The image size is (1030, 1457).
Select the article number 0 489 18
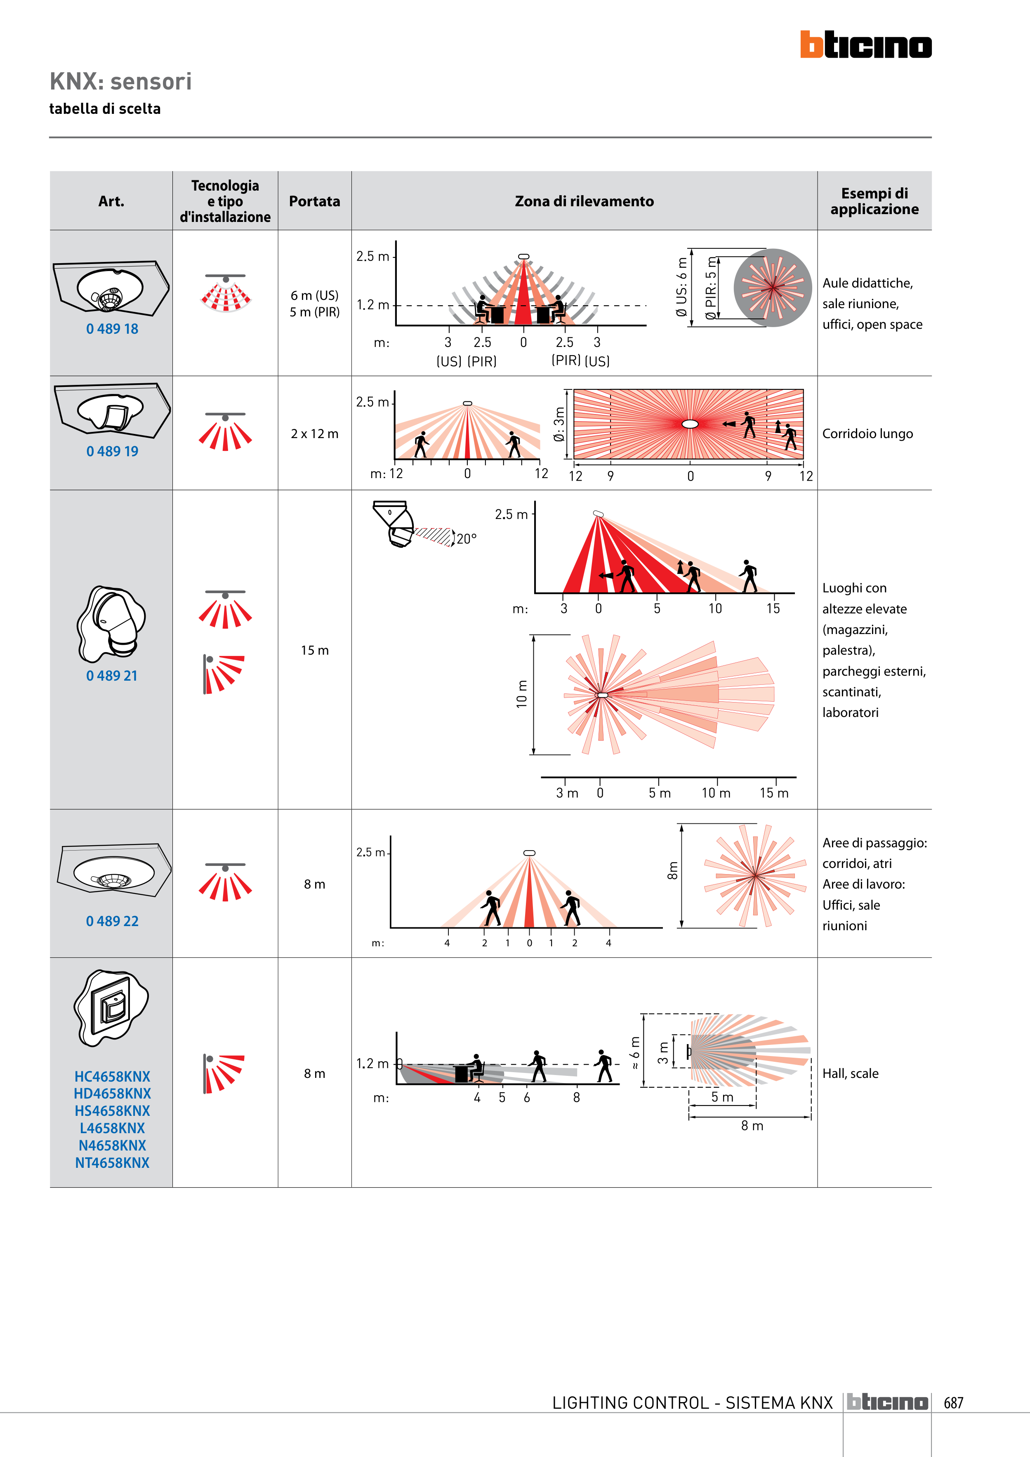coord(112,329)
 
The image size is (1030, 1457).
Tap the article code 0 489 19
coord(112,451)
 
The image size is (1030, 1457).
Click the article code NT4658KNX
coord(112,1162)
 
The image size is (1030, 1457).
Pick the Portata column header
coord(314,201)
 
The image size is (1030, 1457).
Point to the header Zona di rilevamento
coord(584,201)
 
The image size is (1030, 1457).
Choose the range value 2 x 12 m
coord(314,434)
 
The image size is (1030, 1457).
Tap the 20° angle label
coord(467,539)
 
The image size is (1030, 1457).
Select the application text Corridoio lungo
coord(867,434)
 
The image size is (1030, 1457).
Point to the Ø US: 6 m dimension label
coord(681,287)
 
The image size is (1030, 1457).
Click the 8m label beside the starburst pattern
coord(673,871)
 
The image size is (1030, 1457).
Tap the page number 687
coord(953,1403)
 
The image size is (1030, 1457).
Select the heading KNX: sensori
coord(120,82)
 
